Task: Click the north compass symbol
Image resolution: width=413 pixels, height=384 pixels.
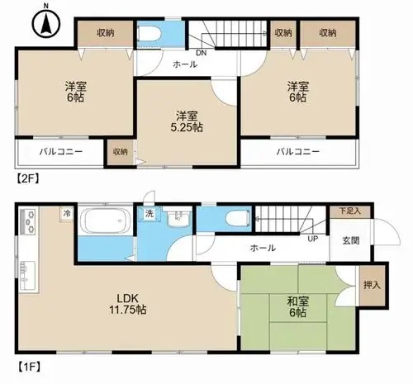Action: coord(46,24)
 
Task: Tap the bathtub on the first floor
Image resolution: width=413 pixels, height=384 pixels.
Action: coord(107,220)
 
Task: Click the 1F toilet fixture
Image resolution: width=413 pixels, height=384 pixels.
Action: coord(238,219)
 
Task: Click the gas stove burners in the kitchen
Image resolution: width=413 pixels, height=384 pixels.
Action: coord(28,220)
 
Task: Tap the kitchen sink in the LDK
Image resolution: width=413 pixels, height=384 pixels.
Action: coord(27,275)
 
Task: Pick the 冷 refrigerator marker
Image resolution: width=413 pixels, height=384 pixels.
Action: coord(66,213)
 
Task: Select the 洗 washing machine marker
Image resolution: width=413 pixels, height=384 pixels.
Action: coord(150,213)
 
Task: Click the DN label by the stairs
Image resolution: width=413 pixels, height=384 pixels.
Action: coord(202,53)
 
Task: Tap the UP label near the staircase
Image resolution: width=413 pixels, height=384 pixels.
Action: coord(313,239)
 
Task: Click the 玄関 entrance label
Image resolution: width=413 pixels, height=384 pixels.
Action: coord(351,240)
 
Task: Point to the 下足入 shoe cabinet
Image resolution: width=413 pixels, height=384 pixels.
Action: coord(350,211)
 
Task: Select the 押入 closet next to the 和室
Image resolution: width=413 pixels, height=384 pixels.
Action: coord(372,286)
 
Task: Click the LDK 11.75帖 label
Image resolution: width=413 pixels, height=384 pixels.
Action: coord(128,304)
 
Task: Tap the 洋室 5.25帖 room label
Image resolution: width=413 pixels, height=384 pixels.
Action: coord(187,121)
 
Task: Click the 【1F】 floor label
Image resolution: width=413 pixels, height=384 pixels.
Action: coord(29,367)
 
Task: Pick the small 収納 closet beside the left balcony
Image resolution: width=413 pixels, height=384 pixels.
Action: coord(121,152)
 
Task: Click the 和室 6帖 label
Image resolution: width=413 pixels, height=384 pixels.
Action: coord(298,307)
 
